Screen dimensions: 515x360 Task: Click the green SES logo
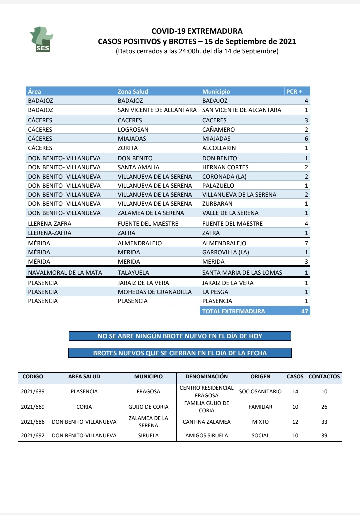[x=42, y=40]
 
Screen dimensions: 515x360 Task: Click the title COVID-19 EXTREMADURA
[x=197, y=31]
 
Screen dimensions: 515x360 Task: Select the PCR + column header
[x=294, y=91]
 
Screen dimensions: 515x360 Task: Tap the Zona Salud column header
[x=133, y=91]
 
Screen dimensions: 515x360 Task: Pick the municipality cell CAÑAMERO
[x=218, y=130]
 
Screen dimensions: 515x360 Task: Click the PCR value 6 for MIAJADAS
[x=306, y=139]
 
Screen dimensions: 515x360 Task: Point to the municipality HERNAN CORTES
[x=225, y=167]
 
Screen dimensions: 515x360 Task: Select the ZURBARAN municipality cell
[x=217, y=204]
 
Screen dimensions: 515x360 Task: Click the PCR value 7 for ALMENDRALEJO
[x=306, y=243]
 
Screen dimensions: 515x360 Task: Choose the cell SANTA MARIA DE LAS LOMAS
[x=242, y=273]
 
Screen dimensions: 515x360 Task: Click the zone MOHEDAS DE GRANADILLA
[x=155, y=292]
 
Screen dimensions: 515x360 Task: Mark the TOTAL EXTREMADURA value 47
[x=304, y=311]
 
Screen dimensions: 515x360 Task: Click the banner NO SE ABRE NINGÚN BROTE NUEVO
[x=180, y=336]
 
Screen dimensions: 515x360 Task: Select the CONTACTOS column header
[x=324, y=377]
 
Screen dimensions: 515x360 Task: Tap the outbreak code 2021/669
[x=33, y=407]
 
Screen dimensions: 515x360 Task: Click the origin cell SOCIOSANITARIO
[x=260, y=391]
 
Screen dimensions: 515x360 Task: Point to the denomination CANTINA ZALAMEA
[x=207, y=422]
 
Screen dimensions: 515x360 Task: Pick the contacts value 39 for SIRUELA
[x=324, y=435]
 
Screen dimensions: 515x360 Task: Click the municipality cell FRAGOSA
[x=148, y=391]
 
